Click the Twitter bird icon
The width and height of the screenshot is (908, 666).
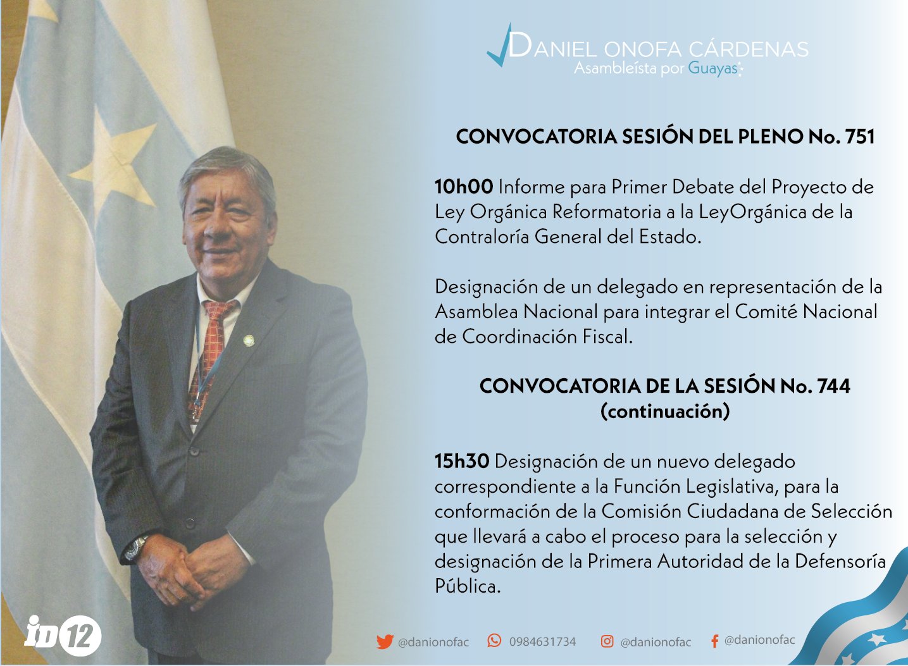coord(385,642)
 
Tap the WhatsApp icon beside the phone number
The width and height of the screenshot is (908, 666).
coord(494,641)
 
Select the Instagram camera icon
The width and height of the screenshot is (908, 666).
coord(607,641)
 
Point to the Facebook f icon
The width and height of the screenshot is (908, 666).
coord(714,641)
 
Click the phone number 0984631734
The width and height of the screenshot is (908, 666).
coord(542,642)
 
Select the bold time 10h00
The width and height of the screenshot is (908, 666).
coord(464,187)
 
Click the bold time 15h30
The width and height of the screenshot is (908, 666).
coord(462,462)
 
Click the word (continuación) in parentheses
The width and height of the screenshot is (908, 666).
coord(665,412)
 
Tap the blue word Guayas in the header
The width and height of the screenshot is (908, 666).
coord(712,68)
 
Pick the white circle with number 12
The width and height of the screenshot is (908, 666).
coord(80,635)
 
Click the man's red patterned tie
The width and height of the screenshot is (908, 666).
coord(209,357)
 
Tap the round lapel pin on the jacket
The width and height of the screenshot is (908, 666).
coord(249,340)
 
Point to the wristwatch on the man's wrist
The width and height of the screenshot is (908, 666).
coord(136,548)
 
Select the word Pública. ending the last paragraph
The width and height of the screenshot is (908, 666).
coord(468,586)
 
